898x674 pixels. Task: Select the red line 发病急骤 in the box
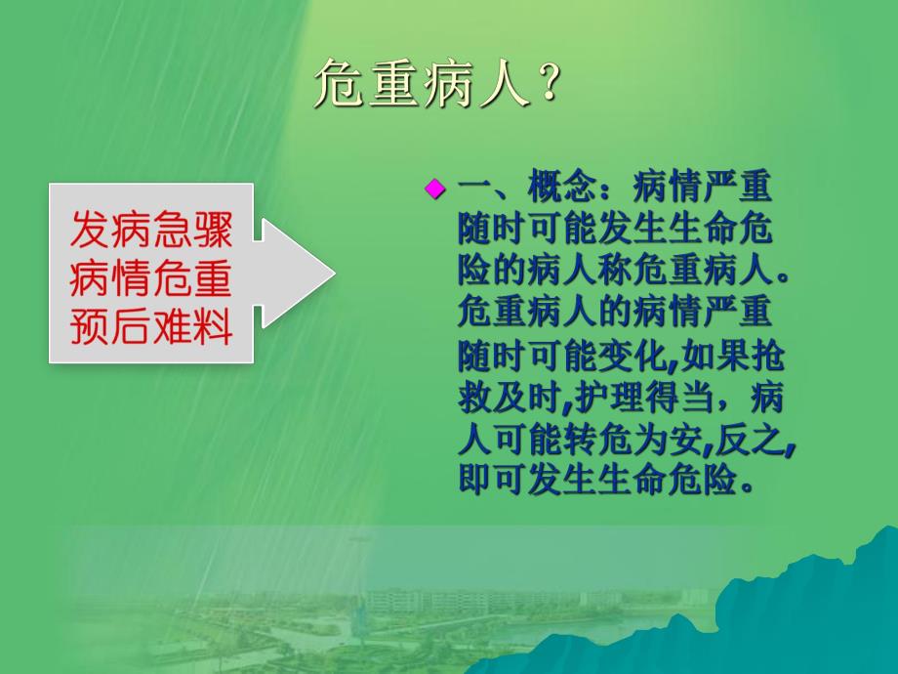(151, 232)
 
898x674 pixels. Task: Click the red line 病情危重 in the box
(151, 279)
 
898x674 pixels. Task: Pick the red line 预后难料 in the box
(151, 328)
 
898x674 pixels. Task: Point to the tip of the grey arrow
(334, 273)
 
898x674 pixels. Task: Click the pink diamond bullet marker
(434, 188)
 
